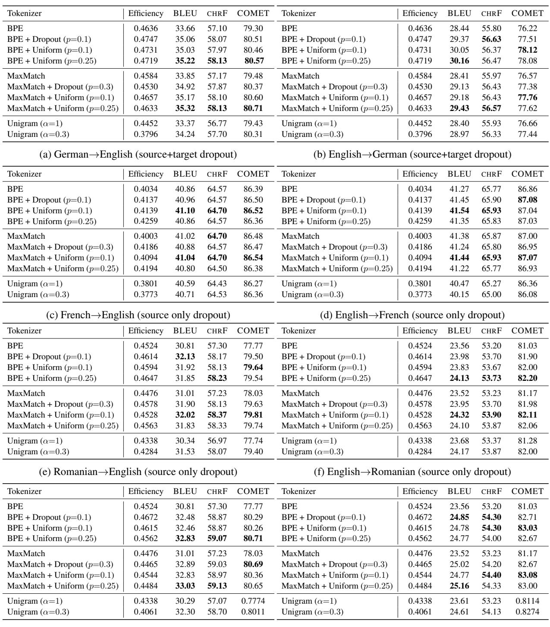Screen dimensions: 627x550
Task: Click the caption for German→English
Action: point(145,154)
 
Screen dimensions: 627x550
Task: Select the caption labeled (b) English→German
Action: point(412,154)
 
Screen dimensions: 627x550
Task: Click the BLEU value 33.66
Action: point(185,28)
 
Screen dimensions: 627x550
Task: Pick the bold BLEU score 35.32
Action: point(185,108)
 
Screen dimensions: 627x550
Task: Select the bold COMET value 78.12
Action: point(527,50)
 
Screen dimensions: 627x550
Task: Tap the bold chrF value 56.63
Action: point(492,39)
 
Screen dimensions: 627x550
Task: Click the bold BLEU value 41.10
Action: point(185,211)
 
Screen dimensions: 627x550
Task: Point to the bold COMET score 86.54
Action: point(253,258)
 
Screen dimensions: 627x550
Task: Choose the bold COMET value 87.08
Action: point(527,200)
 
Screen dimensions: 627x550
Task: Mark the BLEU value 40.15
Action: point(459,294)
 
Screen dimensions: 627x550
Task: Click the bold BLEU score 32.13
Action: point(185,357)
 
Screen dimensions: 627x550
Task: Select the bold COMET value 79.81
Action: point(253,415)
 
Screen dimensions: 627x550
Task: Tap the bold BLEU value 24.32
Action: point(459,415)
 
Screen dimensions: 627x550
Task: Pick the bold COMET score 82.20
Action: point(527,378)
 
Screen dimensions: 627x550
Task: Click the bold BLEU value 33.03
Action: point(185,586)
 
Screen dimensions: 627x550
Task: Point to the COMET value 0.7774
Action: point(253,601)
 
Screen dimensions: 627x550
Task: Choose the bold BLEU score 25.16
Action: point(459,586)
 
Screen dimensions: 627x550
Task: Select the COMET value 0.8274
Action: point(527,611)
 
